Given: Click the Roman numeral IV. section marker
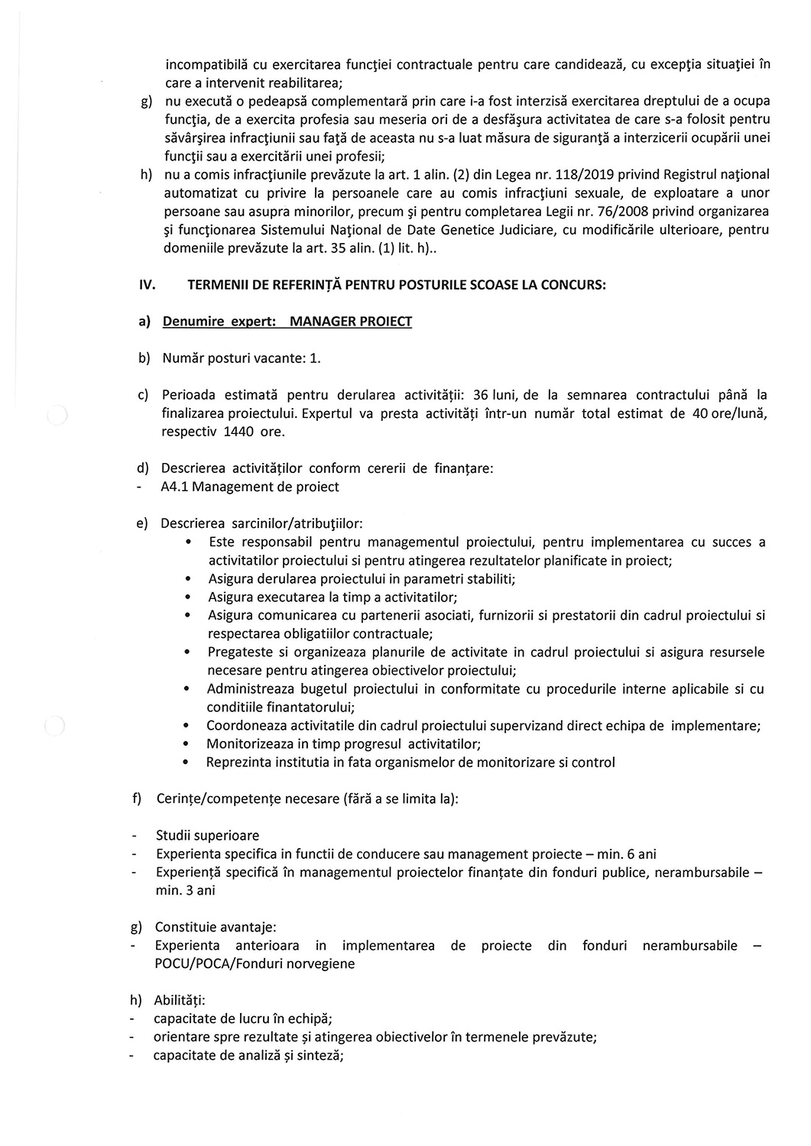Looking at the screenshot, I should [148, 285].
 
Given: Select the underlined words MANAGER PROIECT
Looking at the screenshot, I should [351, 322].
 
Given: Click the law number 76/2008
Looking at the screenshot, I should [607, 211].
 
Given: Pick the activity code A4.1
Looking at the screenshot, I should [176, 487].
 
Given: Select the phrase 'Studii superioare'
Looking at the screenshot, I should [207, 836].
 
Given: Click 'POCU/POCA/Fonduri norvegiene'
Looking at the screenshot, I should [255, 964].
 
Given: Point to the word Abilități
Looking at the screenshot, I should [179, 1000].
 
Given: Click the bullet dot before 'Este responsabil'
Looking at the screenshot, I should [189, 542].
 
